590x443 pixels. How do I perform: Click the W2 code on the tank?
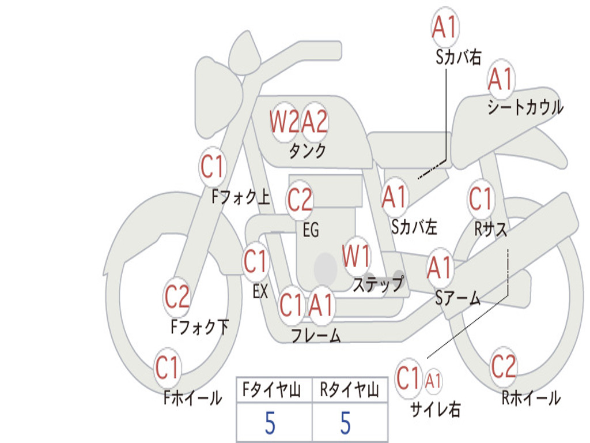tap(284, 122)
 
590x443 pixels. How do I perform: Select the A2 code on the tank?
tap(315, 122)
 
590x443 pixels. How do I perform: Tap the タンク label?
tap(307, 151)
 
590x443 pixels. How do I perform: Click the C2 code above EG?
tap(300, 199)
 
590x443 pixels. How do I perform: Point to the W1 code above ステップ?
tap(356, 256)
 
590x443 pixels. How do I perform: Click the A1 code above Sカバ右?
tap(444, 27)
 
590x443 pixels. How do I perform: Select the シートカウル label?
tap(525, 107)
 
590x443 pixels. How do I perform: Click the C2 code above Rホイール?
tap(503, 366)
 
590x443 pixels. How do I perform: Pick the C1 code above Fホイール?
tap(167, 367)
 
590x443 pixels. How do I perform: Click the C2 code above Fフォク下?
tap(177, 296)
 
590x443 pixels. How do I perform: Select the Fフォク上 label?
tap(241, 197)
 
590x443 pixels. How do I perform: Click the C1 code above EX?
tap(255, 261)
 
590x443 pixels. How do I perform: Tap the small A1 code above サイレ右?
tap(433, 381)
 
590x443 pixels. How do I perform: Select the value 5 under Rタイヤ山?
tap(346, 423)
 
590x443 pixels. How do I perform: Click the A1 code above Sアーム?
tap(439, 268)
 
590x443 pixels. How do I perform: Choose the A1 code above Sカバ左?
tap(394, 197)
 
